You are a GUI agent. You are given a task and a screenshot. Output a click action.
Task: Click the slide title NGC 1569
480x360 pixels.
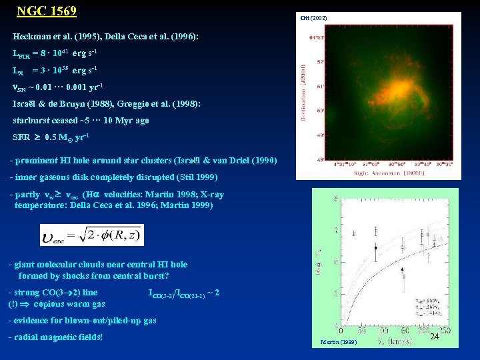click(46, 11)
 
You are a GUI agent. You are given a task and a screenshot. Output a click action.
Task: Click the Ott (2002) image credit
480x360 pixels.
click(313, 17)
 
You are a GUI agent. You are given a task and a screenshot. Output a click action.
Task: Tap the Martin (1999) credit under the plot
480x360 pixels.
click(338, 342)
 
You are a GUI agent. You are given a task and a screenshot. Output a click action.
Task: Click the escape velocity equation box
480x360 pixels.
click(91, 235)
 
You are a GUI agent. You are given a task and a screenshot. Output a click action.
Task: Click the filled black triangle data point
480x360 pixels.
click(402, 274)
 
